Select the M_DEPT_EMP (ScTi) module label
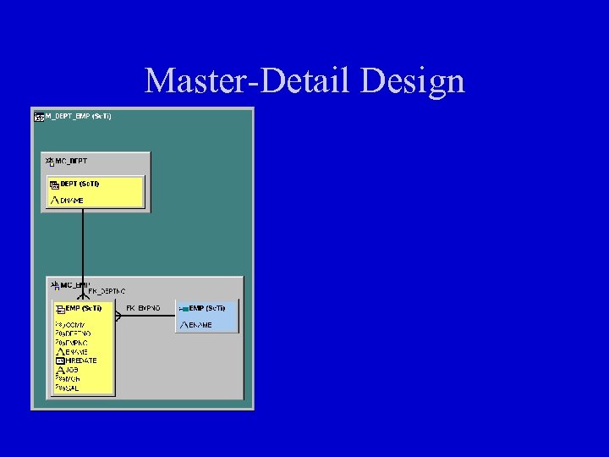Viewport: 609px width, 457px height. pos(78,115)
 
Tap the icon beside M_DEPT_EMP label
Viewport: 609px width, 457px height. pos(38,116)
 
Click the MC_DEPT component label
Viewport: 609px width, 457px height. pos(71,161)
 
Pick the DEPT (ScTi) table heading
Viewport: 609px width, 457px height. pos(80,184)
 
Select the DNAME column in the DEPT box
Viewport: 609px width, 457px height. pos(72,201)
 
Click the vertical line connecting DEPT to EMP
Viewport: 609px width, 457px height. pos(82,245)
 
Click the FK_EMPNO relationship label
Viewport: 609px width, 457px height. pos(143,308)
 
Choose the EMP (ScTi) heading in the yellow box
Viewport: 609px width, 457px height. pos(84,308)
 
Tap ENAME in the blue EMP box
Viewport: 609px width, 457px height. pos(200,325)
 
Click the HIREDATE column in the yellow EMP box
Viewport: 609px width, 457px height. pos(81,361)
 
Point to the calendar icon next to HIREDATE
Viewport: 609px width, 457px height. pos(60,361)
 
